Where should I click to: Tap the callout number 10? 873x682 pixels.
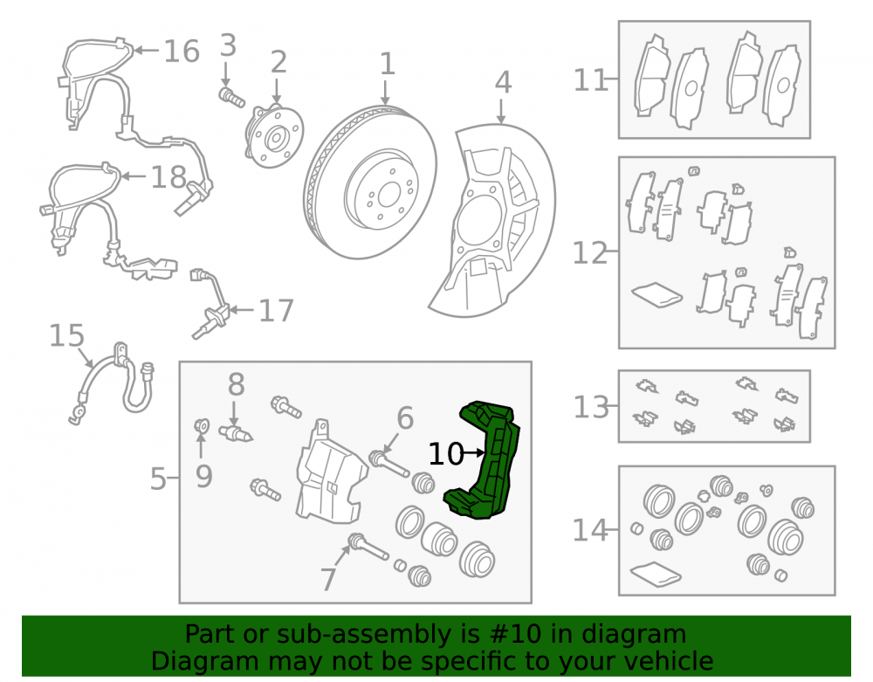(445, 454)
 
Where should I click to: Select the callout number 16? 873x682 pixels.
(182, 52)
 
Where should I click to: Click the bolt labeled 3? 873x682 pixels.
(231, 98)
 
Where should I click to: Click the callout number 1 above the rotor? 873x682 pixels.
(387, 64)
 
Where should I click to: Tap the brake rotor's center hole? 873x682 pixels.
(389, 196)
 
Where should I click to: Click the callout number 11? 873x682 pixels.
(590, 80)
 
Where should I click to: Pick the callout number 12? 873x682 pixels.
(589, 253)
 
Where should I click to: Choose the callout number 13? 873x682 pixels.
(591, 407)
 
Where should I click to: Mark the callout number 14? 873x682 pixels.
(590, 530)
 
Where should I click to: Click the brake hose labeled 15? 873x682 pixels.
(113, 384)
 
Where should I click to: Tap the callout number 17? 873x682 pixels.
(276, 311)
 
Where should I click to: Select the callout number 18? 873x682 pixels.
(168, 177)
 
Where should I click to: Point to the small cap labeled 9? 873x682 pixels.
(202, 426)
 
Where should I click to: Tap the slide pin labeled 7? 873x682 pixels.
(368, 547)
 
